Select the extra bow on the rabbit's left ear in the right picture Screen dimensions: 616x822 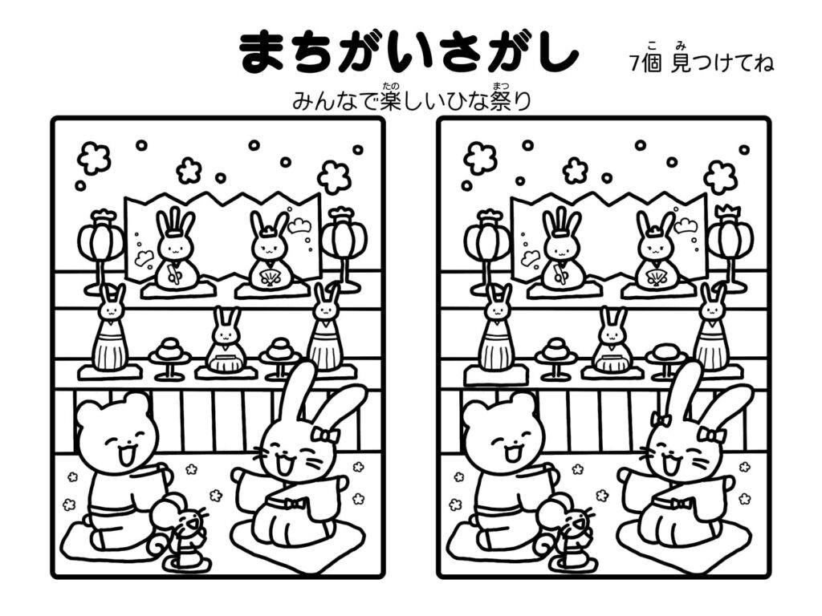click(661, 419)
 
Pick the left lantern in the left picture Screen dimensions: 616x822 click(101, 241)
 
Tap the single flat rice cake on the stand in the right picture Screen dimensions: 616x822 click(665, 351)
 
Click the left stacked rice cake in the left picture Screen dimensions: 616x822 click(169, 350)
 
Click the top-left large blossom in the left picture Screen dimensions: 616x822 click(94, 158)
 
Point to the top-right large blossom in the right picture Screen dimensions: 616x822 click(720, 176)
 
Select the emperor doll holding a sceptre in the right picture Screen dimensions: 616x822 click(562, 253)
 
